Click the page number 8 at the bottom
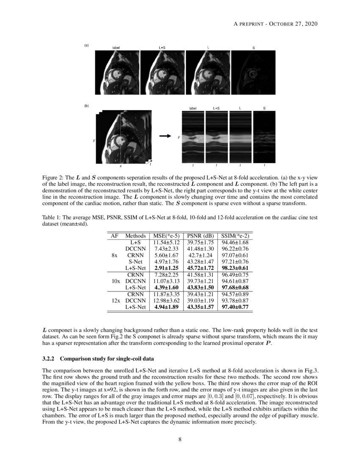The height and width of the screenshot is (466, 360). pos(180,439)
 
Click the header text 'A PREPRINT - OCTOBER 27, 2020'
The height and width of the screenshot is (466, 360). pos(276,24)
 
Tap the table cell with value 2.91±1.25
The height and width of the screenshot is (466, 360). pos(166,268)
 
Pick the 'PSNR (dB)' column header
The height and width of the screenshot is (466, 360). pos(199,236)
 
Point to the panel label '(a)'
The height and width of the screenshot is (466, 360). pos(86,45)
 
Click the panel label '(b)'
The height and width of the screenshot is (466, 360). pos(86,106)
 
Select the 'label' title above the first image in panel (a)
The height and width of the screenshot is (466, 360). pos(116,48)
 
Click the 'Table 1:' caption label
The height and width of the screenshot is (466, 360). pos(53,217)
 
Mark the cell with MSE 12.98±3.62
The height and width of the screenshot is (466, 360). pos(166,300)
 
